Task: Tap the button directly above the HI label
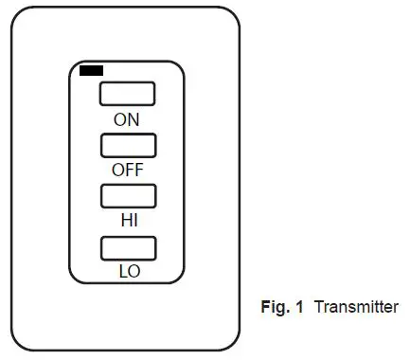click(128, 196)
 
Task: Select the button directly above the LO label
click(128, 249)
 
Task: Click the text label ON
click(127, 119)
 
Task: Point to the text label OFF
click(128, 171)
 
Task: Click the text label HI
click(129, 221)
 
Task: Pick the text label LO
click(129, 271)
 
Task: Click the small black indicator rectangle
click(92, 70)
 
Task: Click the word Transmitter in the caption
click(356, 307)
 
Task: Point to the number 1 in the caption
click(300, 307)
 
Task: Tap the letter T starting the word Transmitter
click(318, 307)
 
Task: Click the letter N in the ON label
click(134, 119)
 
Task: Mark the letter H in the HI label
click(125, 221)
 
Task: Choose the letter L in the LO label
click(123, 271)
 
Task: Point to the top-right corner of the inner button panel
click(180, 67)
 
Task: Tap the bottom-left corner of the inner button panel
click(74, 278)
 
